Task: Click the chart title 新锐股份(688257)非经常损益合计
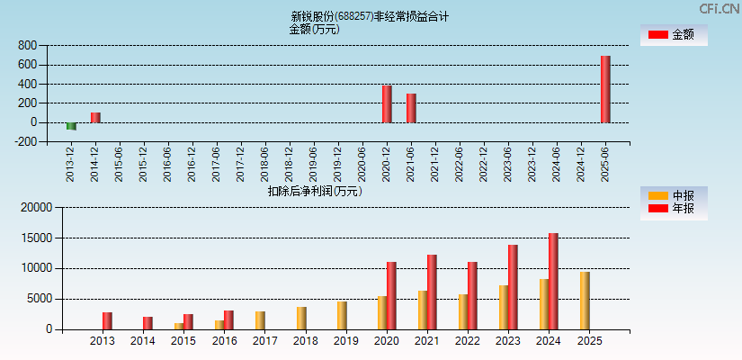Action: [370, 16]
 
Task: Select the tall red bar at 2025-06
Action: [605, 89]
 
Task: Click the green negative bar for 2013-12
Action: [71, 126]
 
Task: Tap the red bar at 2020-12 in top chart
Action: [387, 104]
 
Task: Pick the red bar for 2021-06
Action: [411, 108]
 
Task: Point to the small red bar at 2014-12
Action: [95, 117]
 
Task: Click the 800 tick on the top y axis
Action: [27, 45]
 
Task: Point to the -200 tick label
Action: [25, 141]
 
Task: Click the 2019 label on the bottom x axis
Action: [345, 341]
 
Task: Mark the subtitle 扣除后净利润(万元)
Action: [314, 191]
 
